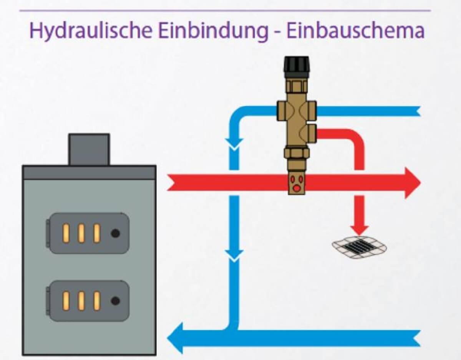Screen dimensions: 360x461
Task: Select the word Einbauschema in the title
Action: click(355, 31)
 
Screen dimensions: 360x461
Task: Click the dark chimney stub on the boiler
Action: click(89, 149)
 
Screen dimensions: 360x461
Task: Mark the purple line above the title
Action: click(225, 10)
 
